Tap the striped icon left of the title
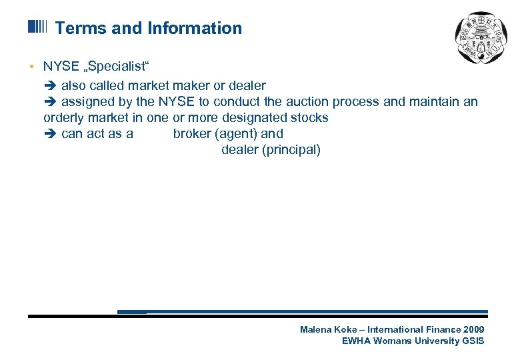coord(38,27)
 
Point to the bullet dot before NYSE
coord(31,66)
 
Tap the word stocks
coord(311,117)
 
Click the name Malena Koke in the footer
coord(327,329)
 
